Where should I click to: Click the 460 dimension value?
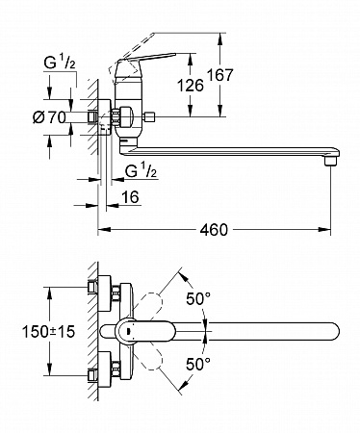214,229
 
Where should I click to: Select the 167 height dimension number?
219,75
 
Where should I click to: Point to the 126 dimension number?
191,86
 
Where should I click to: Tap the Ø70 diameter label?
49,117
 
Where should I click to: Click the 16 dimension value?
130,197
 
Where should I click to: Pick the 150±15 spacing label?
48,331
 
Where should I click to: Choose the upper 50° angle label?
198,299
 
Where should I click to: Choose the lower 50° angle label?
198,365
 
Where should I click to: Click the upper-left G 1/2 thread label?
60,63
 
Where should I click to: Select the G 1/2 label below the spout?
141,171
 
